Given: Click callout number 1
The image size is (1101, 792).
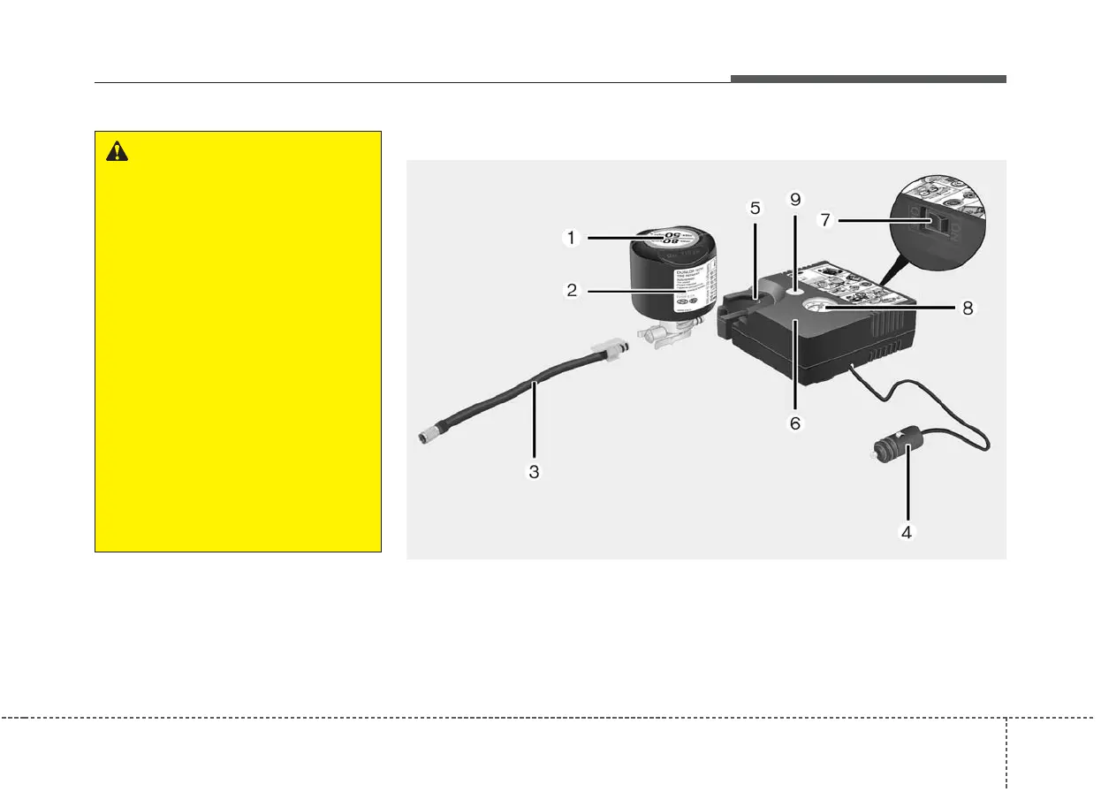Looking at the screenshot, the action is click(573, 237).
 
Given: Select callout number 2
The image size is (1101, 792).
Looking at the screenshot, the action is click(573, 290).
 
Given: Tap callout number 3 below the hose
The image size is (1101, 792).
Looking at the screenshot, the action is click(534, 471).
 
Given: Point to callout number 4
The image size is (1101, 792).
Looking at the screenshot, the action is click(905, 532).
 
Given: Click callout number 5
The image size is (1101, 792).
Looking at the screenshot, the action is click(755, 209).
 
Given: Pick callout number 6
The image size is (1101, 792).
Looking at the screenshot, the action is click(794, 423).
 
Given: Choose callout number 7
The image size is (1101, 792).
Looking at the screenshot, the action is click(825, 218).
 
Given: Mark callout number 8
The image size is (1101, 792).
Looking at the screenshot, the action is click(969, 308).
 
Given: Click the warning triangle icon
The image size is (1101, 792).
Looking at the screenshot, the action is click(117, 152).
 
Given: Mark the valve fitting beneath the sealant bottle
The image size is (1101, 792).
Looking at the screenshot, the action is click(664, 337).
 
